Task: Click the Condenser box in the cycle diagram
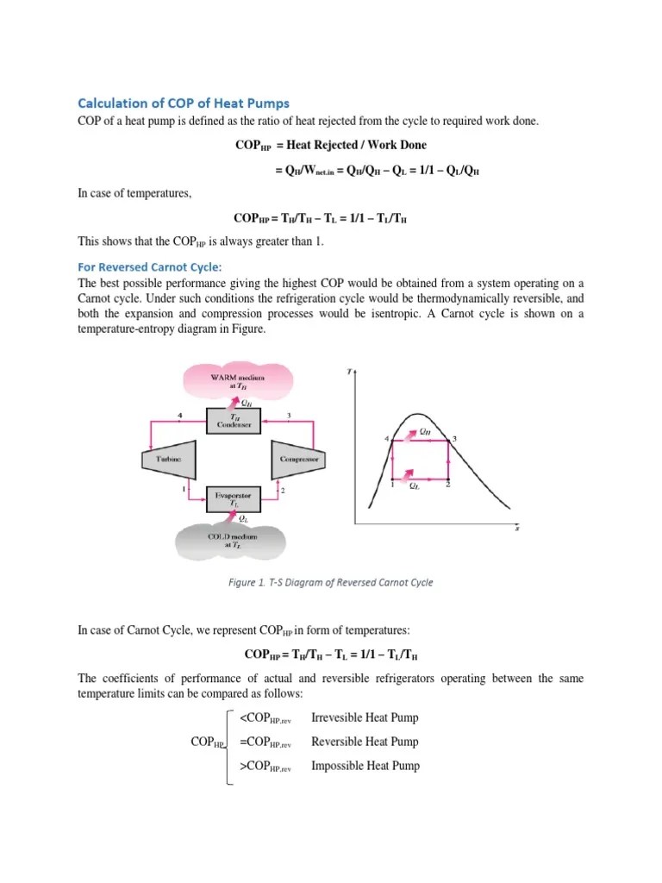232,422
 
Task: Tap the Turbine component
167,460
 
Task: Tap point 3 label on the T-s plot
454,439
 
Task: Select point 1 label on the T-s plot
392,485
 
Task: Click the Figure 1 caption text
330,582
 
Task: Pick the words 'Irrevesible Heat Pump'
365,717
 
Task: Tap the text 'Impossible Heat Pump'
365,766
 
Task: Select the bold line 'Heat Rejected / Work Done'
330,145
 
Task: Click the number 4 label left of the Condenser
180,416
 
